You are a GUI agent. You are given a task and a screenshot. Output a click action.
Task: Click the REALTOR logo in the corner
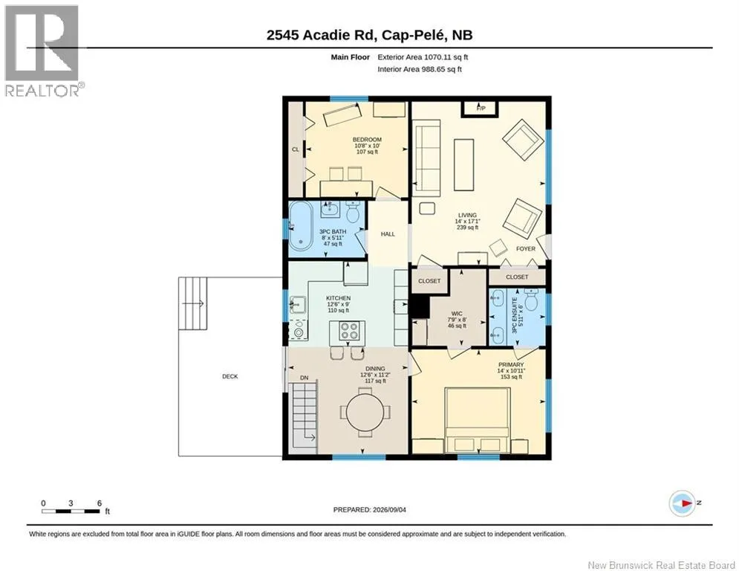tap(42, 51)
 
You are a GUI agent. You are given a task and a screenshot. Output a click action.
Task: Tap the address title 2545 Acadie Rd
tap(321, 35)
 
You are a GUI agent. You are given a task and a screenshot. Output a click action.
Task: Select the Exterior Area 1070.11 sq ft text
tap(423, 57)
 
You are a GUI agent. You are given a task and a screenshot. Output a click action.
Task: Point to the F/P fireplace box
tap(481, 109)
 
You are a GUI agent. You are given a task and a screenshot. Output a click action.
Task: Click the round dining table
tap(365, 413)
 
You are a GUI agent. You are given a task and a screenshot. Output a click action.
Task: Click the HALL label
tap(388, 234)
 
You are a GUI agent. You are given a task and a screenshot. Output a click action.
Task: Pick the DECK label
tap(230, 376)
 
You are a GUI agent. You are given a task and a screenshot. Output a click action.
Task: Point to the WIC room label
tap(457, 313)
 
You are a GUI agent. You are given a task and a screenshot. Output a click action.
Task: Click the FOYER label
tap(526, 248)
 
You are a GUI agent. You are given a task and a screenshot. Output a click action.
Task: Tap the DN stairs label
tap(305, 378)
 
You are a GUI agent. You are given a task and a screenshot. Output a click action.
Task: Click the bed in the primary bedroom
tap(478, 420)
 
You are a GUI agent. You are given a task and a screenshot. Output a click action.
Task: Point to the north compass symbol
tap(682, 503)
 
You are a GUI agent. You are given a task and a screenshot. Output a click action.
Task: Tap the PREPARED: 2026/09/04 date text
tap(370, 509)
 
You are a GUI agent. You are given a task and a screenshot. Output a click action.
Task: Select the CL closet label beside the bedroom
tap(296, 149)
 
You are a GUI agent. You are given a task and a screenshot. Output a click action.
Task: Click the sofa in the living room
tap(426, 158)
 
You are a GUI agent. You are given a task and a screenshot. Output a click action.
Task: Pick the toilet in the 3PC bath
tap(353, 213)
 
